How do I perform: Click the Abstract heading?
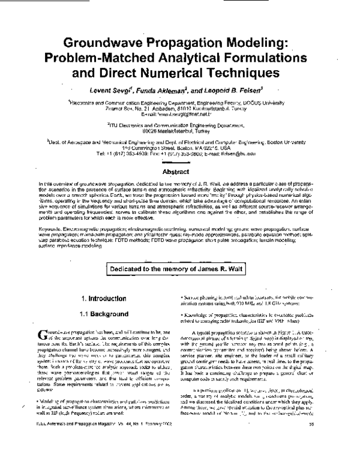tap(180, 171)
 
